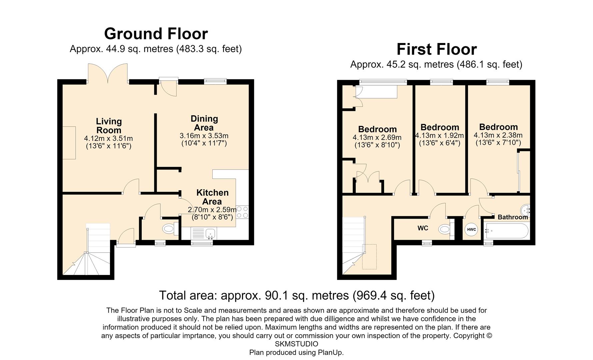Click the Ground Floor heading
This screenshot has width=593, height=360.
[x=156, y=34]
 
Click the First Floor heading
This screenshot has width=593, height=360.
[x=437, y=49]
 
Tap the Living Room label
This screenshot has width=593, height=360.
[x=109, y=126]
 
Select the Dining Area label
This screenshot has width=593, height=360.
[x=204, y=123]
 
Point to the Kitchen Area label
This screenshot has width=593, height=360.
[x=212, y=197]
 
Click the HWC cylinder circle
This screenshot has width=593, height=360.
[x=472, y=229]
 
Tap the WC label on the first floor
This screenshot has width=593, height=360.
[x=423, y=228]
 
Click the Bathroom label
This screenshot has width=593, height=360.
[x=513, y=217]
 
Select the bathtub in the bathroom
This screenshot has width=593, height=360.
[x=506, y=231]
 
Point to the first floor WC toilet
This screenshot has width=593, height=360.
[x=446, y=229]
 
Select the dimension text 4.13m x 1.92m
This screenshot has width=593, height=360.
[x=439, y=136]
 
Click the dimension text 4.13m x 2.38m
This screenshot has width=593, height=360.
[x=498, y=135]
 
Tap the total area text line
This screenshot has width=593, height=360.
[x=297, y=295]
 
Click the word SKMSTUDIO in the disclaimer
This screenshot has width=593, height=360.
[x=296, y=344]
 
